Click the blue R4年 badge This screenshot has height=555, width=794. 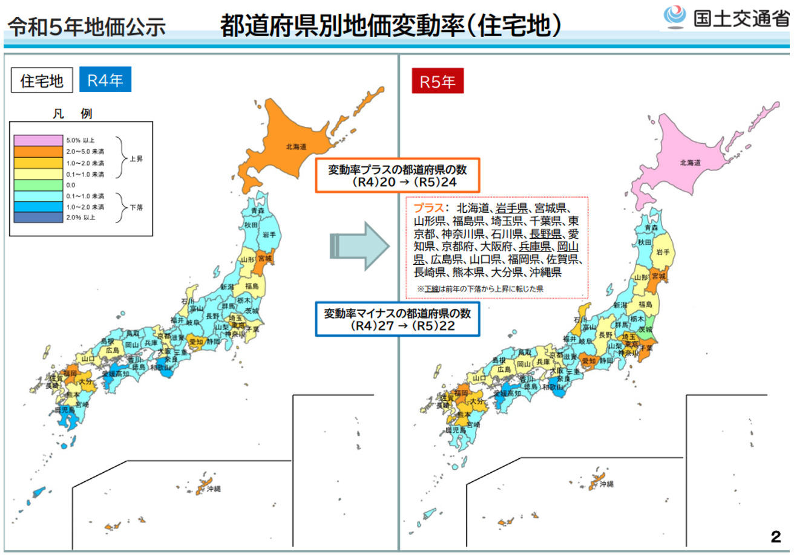(x=105, y=80)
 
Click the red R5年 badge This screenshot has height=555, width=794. (x=438, y=81)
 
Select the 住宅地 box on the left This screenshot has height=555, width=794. (x=42, y=81)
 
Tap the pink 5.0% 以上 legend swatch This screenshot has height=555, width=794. (x=38, y=140)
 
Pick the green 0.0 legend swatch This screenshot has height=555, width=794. (x=38, y=184)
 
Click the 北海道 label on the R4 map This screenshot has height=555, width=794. (x=297, y=146)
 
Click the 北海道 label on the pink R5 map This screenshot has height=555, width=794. (x=690, y=163)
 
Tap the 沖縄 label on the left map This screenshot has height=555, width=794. (x=214, y=488)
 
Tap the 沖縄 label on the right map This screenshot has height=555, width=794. (x=606, y=484)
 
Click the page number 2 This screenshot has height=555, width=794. (x=775, y=537)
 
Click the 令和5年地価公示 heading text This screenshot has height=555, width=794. (x=86, y=27)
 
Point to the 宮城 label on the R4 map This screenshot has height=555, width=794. (x=264, y=258)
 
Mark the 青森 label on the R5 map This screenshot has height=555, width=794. (x=651, y=228)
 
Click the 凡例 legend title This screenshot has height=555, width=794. (x=72, y=113)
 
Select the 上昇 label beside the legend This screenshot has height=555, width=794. (x=137, y=158)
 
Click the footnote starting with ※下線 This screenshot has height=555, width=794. (x=480, y=289)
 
